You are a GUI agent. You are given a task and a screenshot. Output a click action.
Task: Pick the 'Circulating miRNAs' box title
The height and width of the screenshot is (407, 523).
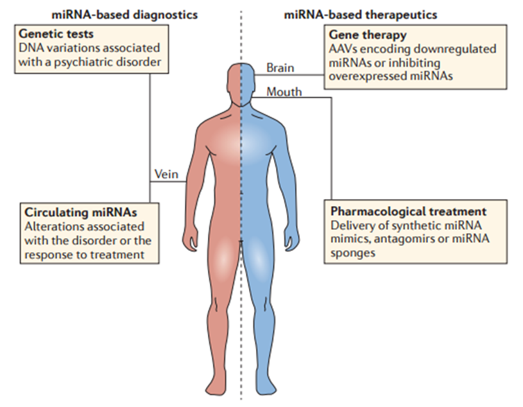pos(81,211)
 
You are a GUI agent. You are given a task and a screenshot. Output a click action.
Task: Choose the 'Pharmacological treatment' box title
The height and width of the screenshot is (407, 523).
pos(408,211)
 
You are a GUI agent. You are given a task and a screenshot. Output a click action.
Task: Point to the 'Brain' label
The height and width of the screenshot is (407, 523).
pos(280,67)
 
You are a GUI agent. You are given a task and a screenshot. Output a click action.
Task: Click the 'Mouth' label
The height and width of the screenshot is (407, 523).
pos(284,92)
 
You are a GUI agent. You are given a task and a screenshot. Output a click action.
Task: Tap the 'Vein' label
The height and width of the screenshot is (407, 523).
pos(167,174)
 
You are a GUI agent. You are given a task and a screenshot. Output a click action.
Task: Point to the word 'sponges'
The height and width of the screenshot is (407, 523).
pos(353,253)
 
